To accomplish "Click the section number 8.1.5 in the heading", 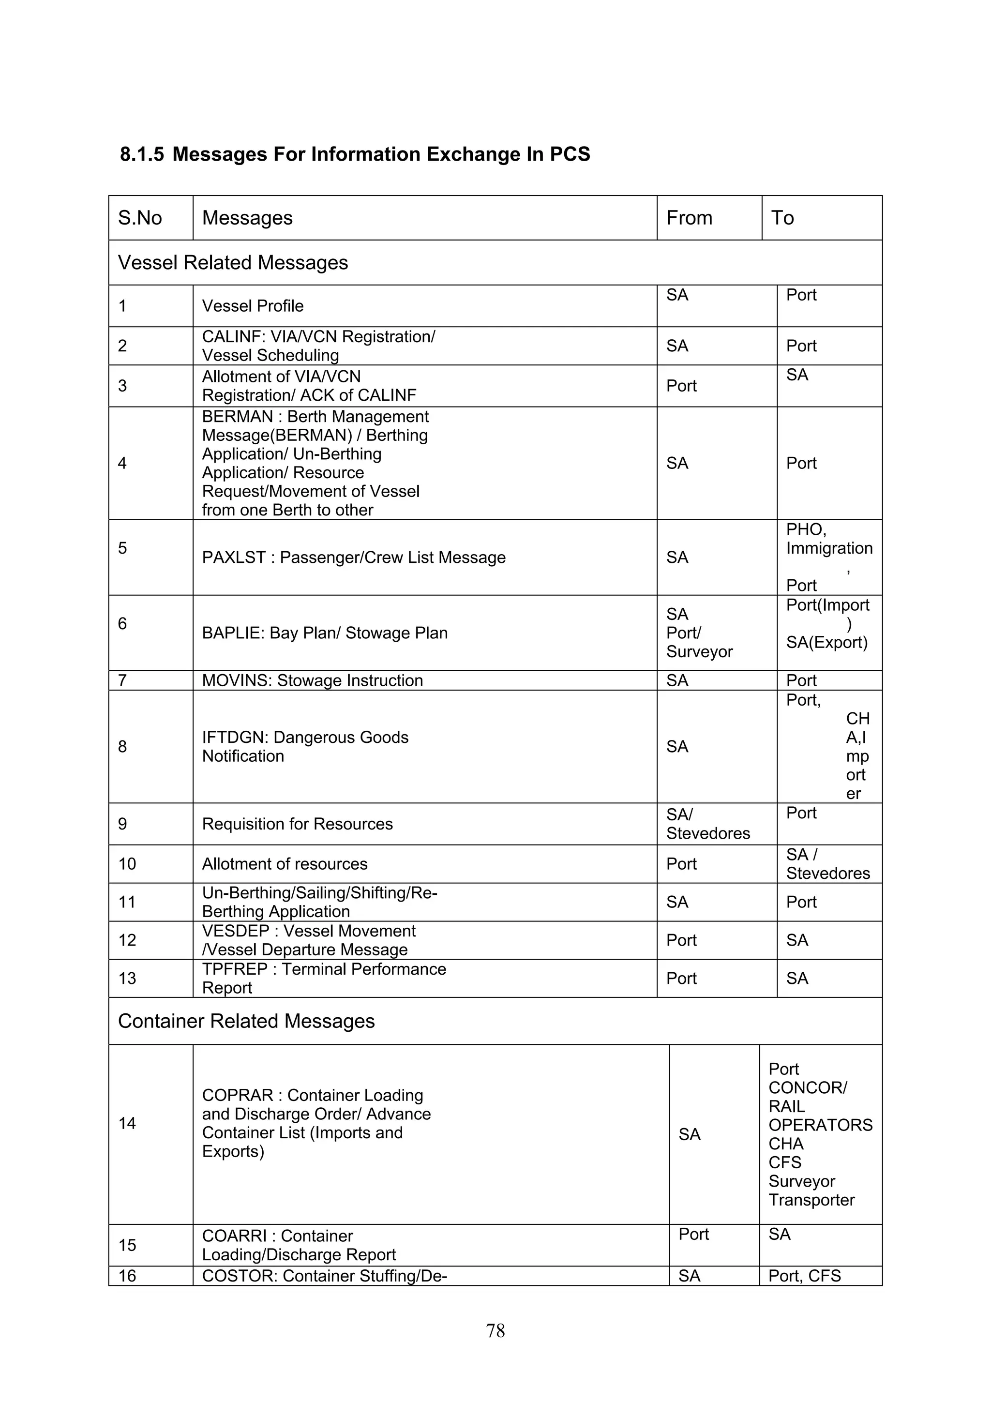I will (142, 154).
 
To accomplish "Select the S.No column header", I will (140, 218).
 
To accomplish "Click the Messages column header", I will (247, 218).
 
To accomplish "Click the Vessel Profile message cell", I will (253, 306).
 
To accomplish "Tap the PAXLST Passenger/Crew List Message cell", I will (354, 558).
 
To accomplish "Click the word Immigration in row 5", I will (829, 548).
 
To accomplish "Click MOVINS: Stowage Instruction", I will (312, 680).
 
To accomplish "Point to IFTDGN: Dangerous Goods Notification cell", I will (305, 746).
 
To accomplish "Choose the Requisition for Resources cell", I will (298, 824).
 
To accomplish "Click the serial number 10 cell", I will (127, 864).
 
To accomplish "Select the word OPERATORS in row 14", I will (820, 1125).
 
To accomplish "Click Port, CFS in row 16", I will (804, 1276).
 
